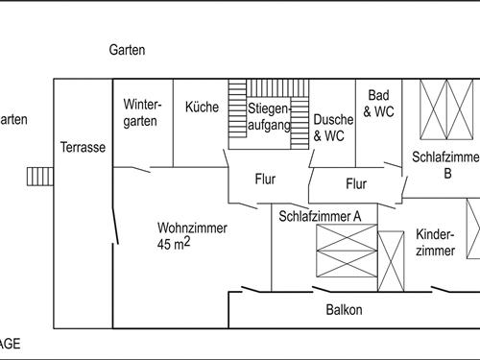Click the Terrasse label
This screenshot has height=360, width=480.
83,148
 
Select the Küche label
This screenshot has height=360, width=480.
202,108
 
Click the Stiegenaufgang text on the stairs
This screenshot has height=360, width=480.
269,116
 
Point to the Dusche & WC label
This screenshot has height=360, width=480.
329,128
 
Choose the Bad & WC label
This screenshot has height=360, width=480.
380,104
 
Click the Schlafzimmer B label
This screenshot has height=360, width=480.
444,164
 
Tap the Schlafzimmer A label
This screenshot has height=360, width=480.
320,216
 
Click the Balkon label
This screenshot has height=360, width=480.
344,310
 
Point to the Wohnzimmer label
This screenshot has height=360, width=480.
192,228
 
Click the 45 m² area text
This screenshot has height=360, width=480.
173,245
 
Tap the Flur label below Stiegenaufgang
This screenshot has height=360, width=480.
265,179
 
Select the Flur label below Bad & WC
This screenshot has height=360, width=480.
356,183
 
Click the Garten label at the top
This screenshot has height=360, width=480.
127,50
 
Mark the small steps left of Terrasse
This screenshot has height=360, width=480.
38,176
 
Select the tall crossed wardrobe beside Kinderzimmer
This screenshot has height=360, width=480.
391,261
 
